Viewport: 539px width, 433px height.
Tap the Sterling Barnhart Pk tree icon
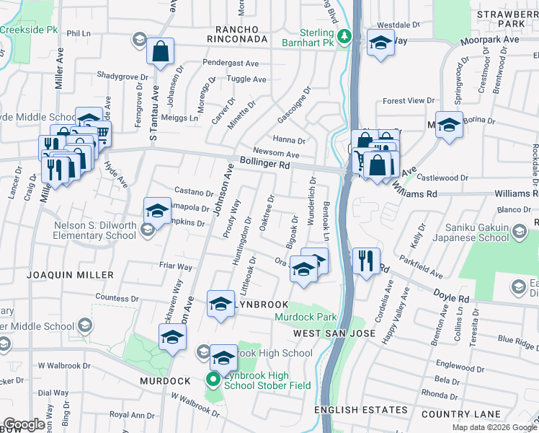[345, 35]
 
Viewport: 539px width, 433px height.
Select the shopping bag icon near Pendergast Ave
[161, 51]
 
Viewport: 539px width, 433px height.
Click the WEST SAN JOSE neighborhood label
[334, 333]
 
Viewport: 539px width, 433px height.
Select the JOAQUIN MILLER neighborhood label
[70, 275]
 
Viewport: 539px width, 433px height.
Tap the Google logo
[24, 424]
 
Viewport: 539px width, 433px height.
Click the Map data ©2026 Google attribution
[494, 427]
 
